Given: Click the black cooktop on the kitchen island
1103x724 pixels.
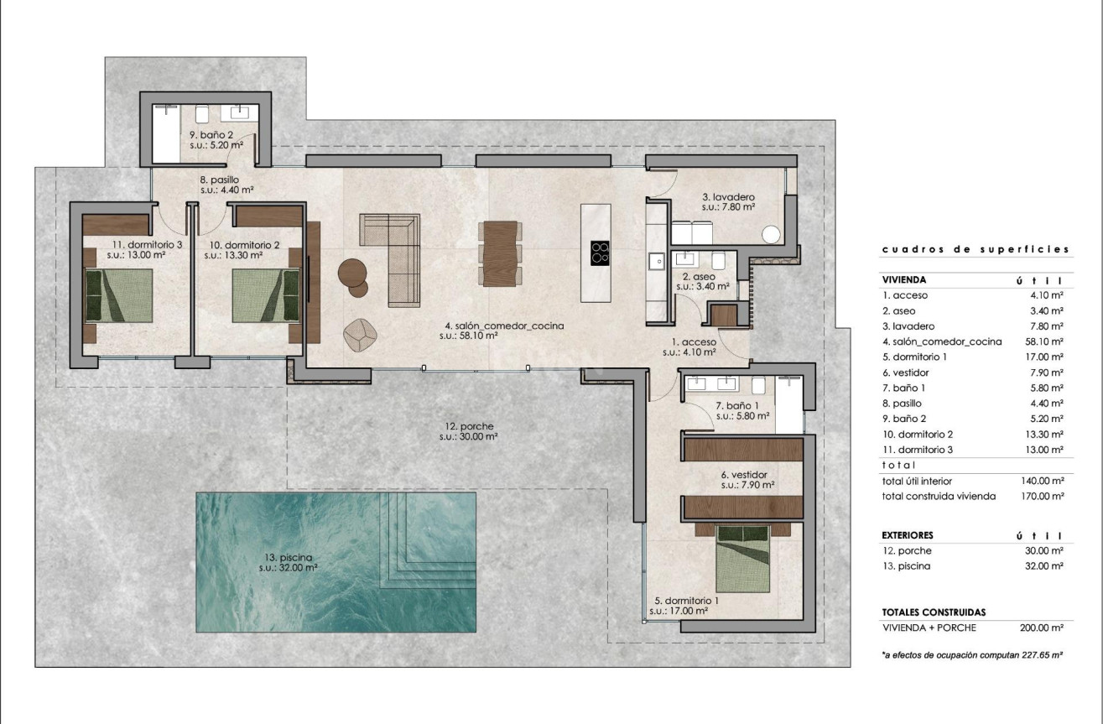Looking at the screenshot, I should pyautogui.click(x=600, y=253).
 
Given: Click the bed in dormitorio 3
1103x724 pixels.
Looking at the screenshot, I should pyautogui.click(x=118, y=294).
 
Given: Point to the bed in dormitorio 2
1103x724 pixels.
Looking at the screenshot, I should pyautogui.click(x=266, y=294).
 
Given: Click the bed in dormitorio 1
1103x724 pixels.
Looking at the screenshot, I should pyautogui.click(x=743, y=558).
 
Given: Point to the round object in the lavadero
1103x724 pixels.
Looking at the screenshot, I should pyautogui.click(x=770, y=234).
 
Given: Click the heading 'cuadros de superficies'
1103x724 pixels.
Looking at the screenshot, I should pyautogui.click(x=975, y=249).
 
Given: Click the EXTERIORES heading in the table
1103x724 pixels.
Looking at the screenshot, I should pyautogui.click(x=908, y=534).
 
